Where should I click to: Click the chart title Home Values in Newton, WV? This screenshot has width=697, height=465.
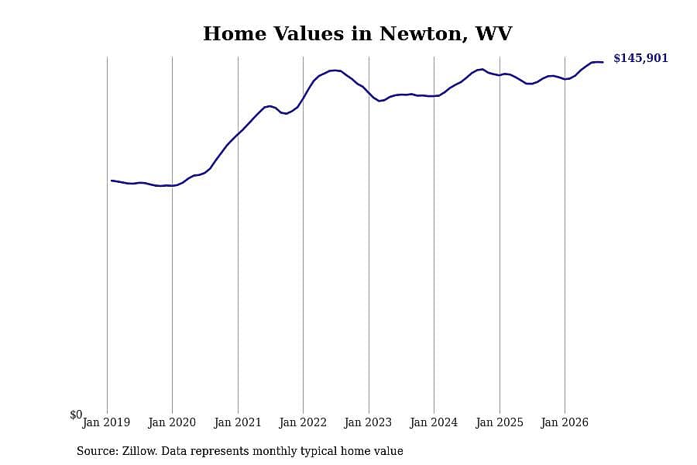(x=357, y=34)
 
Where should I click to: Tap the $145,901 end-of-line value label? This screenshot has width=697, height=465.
(x=640, y=58)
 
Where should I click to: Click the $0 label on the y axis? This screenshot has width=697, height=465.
(x=76, y=415)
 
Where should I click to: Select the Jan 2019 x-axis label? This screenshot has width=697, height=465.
(x=106, y=422)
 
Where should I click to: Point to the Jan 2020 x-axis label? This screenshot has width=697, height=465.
(x=172, y=422)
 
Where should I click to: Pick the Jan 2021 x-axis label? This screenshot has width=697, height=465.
(x=238, y=422)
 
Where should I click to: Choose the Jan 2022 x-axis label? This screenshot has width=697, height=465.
(x=303, y=422)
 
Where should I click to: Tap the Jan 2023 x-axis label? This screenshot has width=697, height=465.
(x=368, y=422)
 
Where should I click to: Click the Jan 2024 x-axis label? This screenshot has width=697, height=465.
(x=434, y=422)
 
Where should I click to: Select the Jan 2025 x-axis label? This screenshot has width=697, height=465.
(x=500, y=422)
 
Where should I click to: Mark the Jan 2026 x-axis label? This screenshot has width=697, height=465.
(x=565, y=422)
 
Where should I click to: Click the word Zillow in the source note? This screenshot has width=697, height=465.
(x=139, y=451)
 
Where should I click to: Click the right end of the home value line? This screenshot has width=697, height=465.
(x=603, y=62)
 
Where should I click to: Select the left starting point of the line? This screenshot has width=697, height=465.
(x=111, y=181)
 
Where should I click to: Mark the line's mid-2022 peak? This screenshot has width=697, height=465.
(x=335, y=71)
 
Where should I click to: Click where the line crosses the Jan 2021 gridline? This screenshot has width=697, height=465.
(x=238, y=134)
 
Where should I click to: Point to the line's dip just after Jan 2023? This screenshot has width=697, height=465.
(x=380, y=101)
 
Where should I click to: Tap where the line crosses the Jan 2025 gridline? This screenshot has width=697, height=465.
(x=500, y=75)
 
